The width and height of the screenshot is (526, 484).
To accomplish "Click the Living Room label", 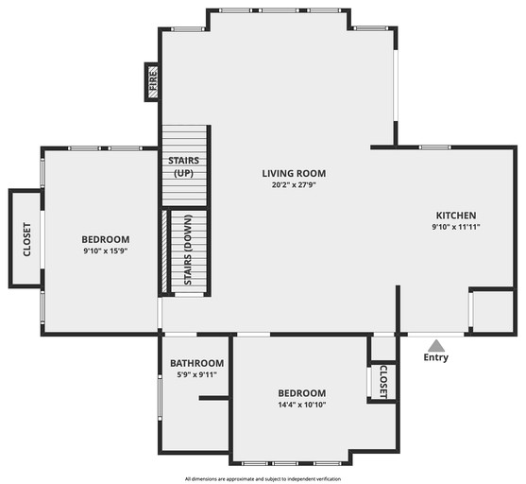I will pos(294,173).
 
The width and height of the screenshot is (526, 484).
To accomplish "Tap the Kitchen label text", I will pos(455,215).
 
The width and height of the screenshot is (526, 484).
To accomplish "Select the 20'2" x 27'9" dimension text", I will pos(294,185).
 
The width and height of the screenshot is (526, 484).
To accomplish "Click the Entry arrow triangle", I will pos(435,345).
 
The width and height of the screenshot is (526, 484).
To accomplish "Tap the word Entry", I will pos(435,357).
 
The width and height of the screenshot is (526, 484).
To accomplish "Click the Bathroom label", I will pos(196,363).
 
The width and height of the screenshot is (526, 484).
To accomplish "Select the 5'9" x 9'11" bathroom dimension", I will pos(196,375).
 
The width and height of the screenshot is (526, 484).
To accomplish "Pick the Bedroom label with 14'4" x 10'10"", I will pos(301,393).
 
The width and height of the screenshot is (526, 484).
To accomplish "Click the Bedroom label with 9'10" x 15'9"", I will pos(105,239).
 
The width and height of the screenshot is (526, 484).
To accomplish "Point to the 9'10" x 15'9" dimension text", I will pos(105,251).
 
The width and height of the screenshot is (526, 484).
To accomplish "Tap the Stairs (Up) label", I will pos(183,166).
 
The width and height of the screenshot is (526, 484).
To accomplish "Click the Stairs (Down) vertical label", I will pos(188,251).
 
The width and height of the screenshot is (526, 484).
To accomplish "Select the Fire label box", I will pos(151,81).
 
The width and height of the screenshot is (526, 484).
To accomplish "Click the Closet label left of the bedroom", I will pos(26,239).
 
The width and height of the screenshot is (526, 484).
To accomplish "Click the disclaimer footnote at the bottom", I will pos(263,478).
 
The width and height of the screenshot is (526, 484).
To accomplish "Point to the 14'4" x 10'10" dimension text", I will pos(301,406).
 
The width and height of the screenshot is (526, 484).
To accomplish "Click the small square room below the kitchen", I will pos(491,310).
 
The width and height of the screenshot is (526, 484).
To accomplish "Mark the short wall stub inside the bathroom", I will pos(214,398).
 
